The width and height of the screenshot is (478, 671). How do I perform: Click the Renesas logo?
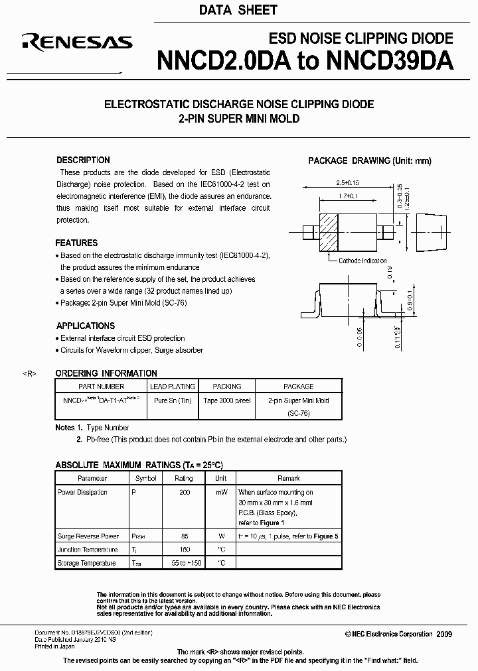[x=77, y=43]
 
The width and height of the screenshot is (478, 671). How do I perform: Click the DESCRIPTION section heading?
[x=83, y=160]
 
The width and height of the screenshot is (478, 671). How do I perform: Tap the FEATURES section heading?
[x=76, y=243]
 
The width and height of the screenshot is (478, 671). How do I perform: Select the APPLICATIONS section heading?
[x=85, y=326]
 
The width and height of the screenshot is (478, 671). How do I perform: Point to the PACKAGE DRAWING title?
[x=370, y=160]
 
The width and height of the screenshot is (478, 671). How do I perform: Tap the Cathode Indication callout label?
[x=362, y=261]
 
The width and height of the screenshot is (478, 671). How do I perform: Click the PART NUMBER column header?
[x=101, y=387]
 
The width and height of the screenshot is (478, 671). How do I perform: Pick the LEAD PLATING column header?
[x=173, y=387]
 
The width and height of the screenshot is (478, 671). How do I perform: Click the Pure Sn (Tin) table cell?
[x=172, y=400]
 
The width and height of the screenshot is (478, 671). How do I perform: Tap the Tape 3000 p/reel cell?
[x=226, y=400]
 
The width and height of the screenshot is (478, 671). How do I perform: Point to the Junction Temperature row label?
[x=88, y=550]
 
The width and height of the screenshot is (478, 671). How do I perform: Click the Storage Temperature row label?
[x=86, y=563]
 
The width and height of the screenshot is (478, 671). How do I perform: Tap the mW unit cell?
[x=221, y=492]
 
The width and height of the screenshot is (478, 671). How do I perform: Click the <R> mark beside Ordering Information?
[x=29, y=374]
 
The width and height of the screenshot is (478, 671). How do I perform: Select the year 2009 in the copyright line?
[x=444, y=635]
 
